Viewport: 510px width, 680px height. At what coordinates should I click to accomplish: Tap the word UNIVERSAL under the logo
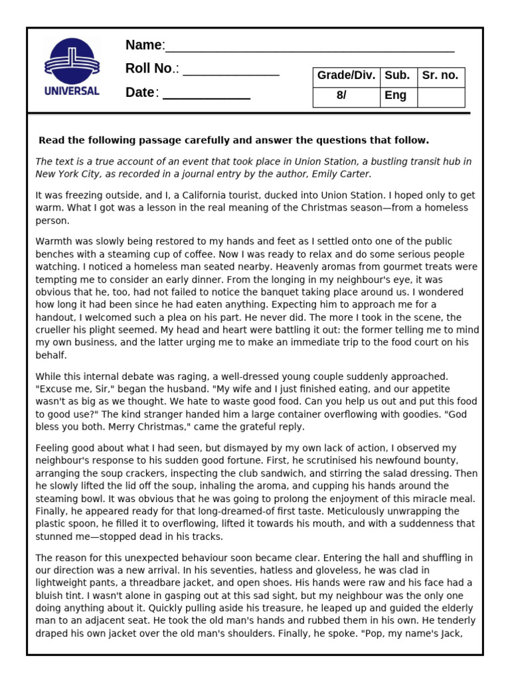tap(72, 91)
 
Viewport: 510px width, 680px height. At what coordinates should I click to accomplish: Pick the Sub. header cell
tap(397, 76)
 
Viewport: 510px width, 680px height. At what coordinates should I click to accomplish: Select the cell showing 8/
tap(341, 96)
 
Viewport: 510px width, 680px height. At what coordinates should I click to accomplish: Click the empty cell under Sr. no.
tap(440, 96)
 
